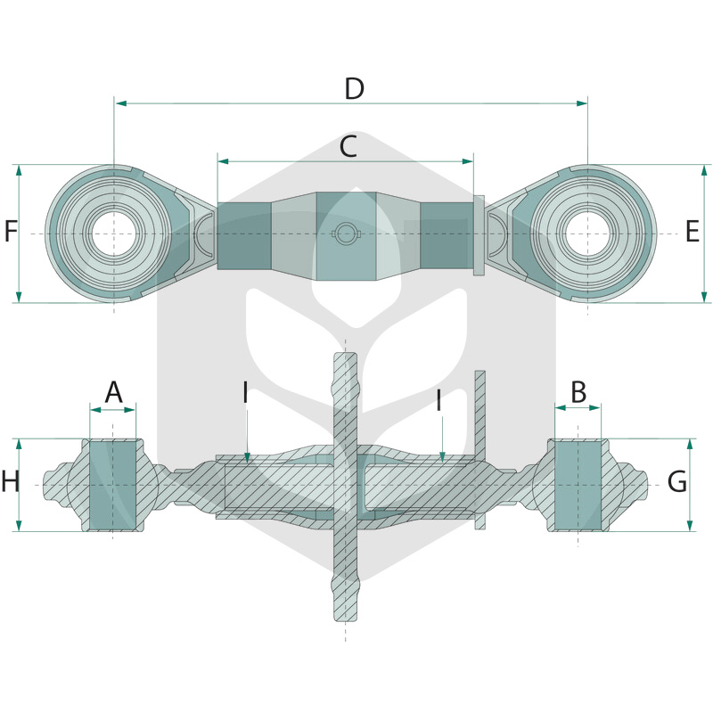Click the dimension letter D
pos(354,89)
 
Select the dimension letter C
pos(348,147)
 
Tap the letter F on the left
pos(11,231)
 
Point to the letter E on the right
pos(693,231)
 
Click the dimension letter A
pos(114,392)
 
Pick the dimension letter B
pos(578,392)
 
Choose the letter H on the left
pos(11,481)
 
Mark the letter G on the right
pos(677,481)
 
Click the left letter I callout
pos(246,393)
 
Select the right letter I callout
pos(438,400)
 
